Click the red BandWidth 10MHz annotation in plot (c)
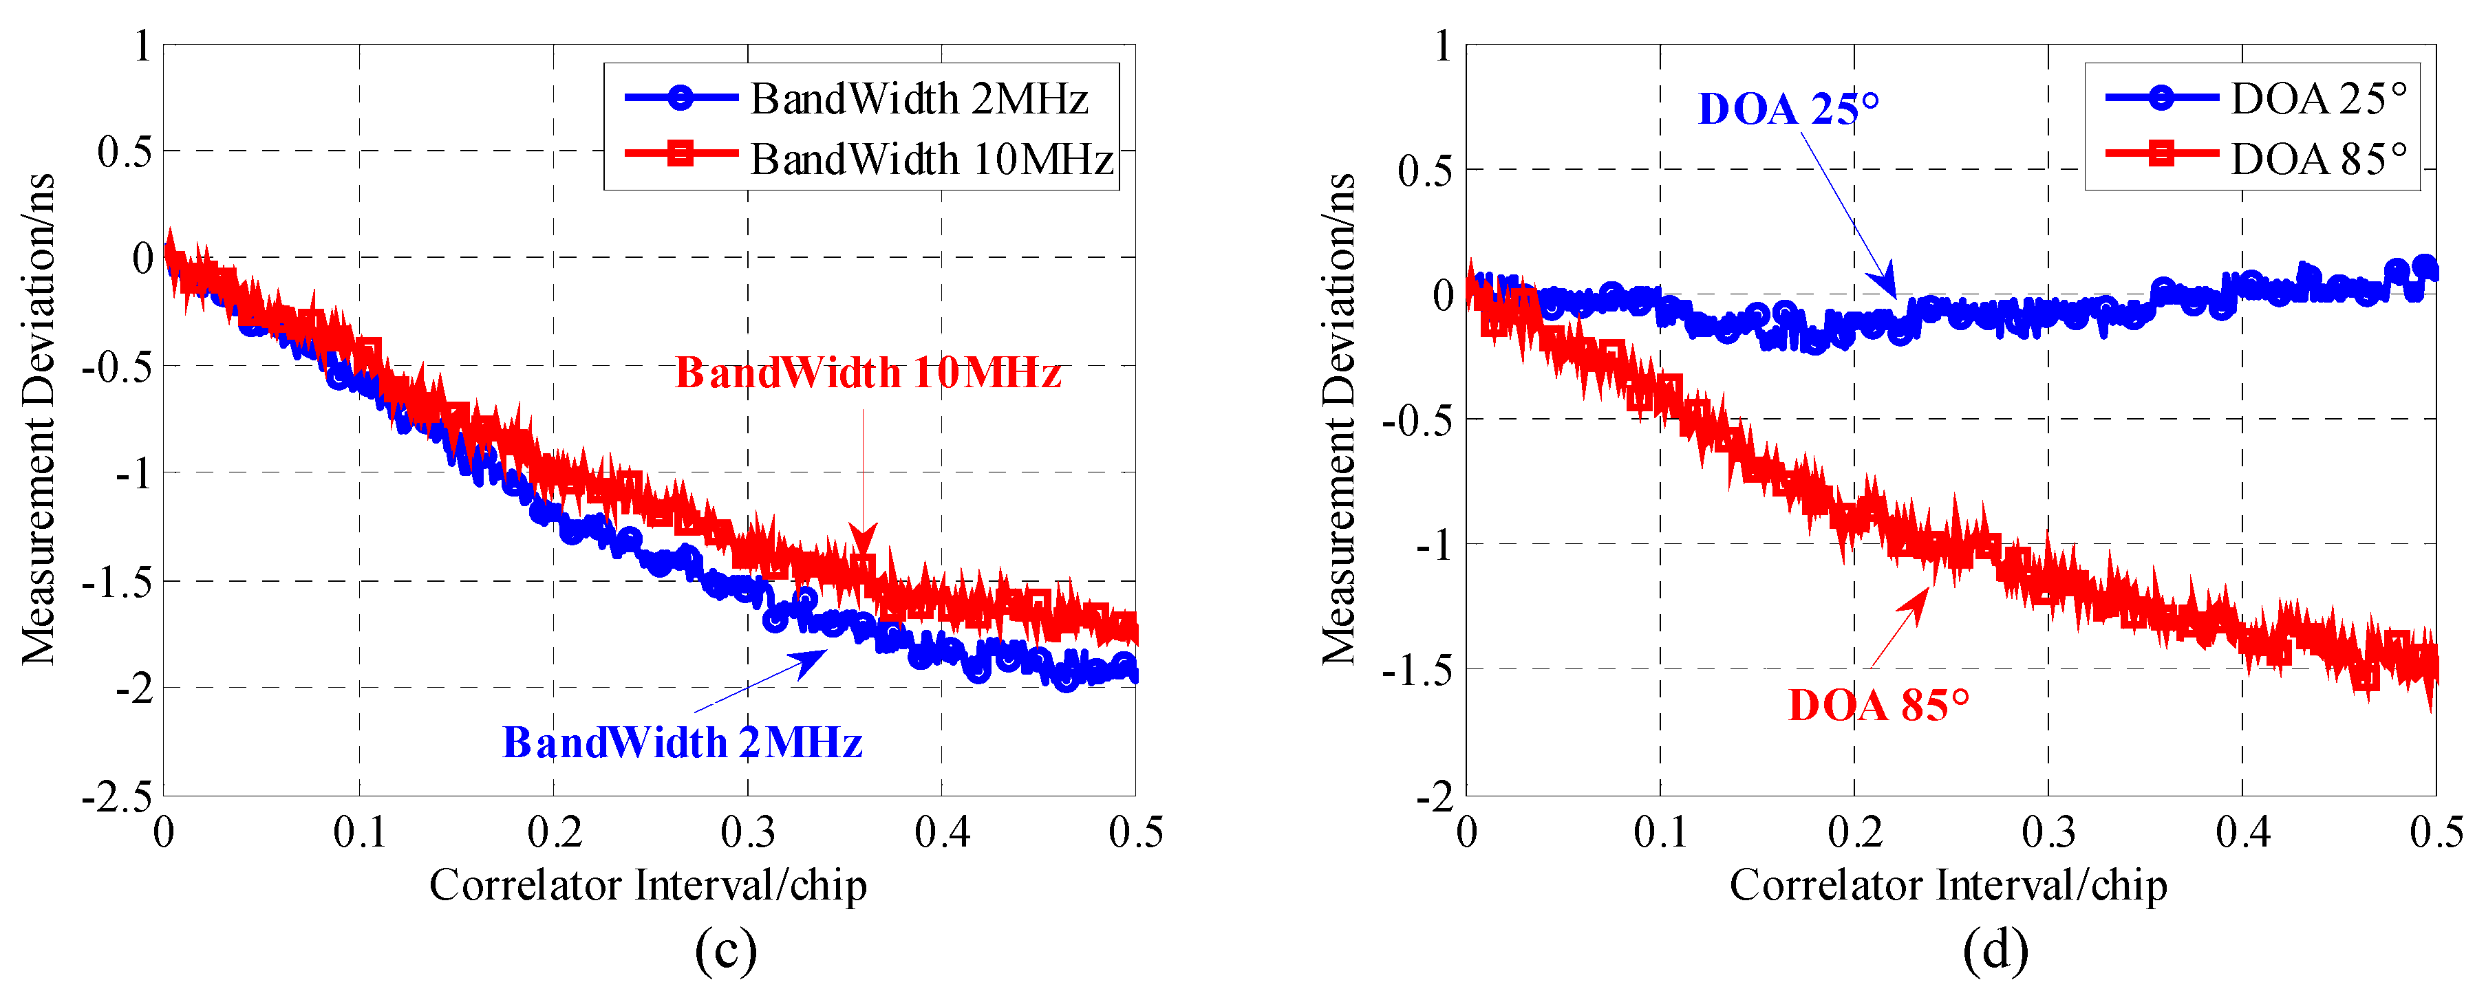coord(868,373)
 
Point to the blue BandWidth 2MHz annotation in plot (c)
coord(682,742)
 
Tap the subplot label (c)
coord(725,950)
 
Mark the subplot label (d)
coord(1995,950)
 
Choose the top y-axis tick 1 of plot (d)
coord(1442,46)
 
